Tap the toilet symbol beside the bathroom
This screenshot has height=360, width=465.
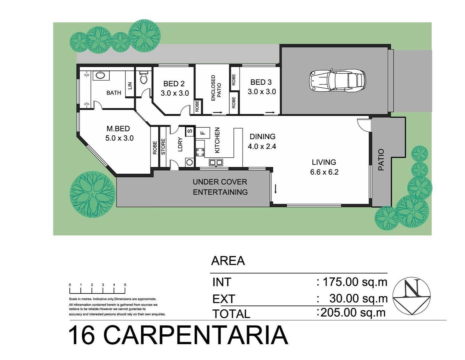coord(144,78)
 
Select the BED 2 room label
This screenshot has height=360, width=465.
coord(174,84)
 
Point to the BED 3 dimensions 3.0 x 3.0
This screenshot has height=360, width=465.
coord(262,92)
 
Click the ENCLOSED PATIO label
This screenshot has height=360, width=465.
coord(216,88)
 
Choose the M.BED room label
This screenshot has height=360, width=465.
coord(118,128)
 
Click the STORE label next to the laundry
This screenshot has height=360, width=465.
coord(163,147)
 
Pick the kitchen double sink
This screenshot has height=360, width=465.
coord(216,162)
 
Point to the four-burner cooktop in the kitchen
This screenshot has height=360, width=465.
coord(200,152)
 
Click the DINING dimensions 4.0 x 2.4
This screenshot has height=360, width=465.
coord(262,146)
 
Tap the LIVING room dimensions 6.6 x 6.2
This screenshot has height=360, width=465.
coord(324,172)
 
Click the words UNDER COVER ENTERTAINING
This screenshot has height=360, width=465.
coord(220,187)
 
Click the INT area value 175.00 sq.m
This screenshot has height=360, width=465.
coord(355,282)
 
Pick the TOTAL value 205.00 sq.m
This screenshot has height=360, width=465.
coord(353,312)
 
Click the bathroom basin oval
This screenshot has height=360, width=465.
coord(100,75)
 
